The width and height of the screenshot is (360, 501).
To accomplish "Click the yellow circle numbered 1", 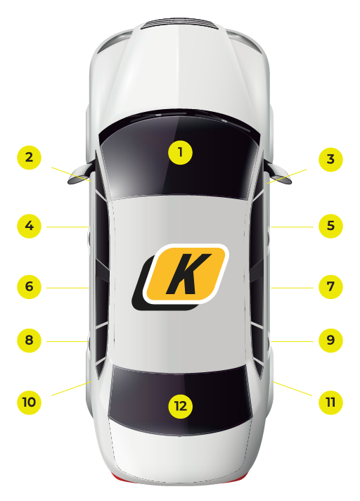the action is (x=180, y=153).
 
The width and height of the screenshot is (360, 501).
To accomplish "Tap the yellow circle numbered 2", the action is (x=29, y=158).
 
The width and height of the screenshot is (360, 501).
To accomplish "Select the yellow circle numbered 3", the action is (x=330, y=160).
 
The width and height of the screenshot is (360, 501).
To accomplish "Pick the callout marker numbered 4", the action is (x=29, y=226).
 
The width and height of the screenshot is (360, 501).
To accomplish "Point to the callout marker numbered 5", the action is (x=330, y=226).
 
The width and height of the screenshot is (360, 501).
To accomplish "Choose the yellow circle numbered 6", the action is (x=29, y=286).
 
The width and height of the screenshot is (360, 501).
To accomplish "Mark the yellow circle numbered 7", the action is (x=330, y=286).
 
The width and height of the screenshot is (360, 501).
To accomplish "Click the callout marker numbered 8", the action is (x=29, y=340).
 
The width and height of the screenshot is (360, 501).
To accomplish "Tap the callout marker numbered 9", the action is (x=330, y=340).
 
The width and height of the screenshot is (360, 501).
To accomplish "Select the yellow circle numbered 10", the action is (x=29, y=402).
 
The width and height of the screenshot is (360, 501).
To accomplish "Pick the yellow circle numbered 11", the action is (x=330, y=402).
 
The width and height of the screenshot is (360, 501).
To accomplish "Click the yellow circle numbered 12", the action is (x=180, y=406).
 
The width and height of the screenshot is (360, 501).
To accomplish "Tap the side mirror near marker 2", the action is (x=79, y=175).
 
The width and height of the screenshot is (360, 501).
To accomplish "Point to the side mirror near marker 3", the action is (x=279, y=175).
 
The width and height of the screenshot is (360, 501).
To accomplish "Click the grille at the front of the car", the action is (x=179, y=25).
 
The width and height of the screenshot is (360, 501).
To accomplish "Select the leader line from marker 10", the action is (x=72, y=388).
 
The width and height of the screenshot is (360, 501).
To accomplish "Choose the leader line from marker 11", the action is (x=292, y=388).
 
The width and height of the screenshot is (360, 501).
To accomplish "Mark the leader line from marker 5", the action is (x=292, y=227).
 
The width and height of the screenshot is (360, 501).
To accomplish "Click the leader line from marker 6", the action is (x=67, y=288).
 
